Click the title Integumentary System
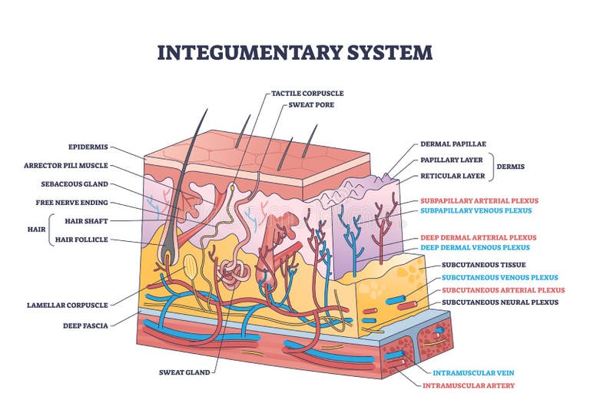coord(294,52)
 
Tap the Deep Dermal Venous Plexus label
coord(474,248)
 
